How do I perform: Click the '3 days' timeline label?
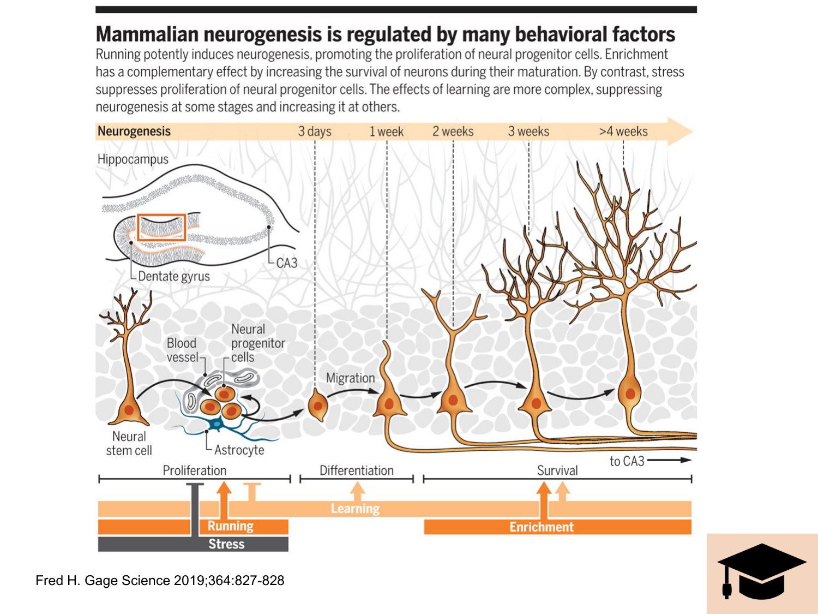(x=315, y=132)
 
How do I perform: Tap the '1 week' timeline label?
(x=386, y=132)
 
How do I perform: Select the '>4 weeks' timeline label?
(x=623, y=132)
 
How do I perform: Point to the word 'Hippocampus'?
(x=133, y=159)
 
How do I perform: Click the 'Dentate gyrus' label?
(x=174, y=276)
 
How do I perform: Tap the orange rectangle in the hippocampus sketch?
(x=161, y=227)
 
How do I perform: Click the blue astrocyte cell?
(x=218, y=424)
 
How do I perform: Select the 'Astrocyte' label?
(x=239, y=450)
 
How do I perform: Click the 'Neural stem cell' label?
(x=129, y=444)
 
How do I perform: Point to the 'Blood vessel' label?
(x=182, y=350)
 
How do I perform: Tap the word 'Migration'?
(x=351, y=378)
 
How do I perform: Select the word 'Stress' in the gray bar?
(x=226, y=544)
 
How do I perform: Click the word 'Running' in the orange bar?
(x=231, y=526)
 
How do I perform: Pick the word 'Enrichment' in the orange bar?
(x=542, y=527)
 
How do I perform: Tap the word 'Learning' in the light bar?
(x=355, y=509)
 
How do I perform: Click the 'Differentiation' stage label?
(x=357, y=470)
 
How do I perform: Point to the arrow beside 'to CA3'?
(x=669, y=460)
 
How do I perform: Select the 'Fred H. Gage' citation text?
(x=160, y=581)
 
